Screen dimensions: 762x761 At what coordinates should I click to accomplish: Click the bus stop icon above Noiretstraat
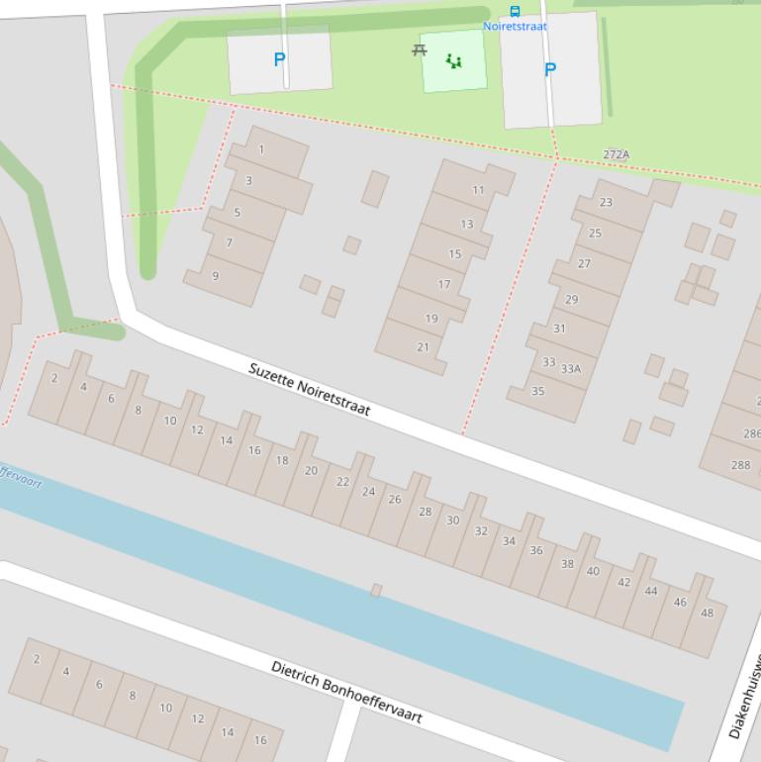coord(515,12)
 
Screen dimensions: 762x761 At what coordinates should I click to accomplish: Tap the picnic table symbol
coord(420,49)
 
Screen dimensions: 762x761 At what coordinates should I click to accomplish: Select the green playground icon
coord(454,61)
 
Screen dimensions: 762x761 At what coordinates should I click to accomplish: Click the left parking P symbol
coord(279,59)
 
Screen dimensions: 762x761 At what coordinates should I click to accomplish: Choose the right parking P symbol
coord(550,69)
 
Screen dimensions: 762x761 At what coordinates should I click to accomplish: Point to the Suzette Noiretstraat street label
coord(309,390)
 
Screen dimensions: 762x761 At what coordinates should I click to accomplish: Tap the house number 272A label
coord(616,154)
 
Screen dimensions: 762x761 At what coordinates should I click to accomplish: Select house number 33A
coord(571,369)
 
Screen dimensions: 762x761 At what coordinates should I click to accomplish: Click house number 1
coord(261,150)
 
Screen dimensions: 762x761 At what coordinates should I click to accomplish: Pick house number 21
coord(424,347)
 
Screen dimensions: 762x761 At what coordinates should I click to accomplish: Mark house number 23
coord(606,202)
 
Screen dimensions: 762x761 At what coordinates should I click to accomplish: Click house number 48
coord(707,613)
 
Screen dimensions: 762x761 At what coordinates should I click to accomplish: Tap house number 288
coord(740,465)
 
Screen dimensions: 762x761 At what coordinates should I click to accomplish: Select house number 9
coord(215,276)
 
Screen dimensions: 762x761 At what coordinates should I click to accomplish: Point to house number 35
coord(537,391)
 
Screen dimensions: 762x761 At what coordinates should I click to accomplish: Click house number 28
coord(425,512)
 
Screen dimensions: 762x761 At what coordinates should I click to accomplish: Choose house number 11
coord(478,190)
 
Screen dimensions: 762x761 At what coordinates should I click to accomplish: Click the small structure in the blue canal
coord(376,591)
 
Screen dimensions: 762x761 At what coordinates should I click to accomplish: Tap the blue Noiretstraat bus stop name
coord(515,27)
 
